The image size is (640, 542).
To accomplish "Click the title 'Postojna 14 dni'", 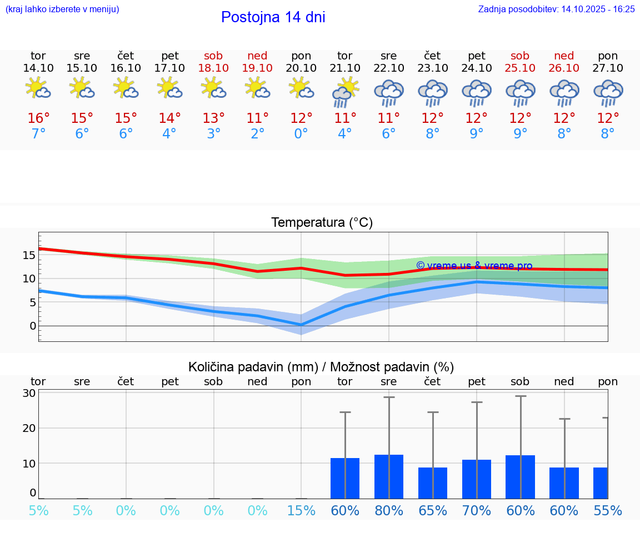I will pos(273,17).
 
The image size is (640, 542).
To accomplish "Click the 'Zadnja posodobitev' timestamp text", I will pos(556,9).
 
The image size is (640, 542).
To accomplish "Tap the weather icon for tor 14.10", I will pos(38,88).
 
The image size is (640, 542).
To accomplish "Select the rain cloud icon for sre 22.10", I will pos(389,92).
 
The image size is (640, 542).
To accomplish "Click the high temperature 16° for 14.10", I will pos(38,118).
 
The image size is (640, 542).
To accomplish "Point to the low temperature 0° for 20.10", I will pos(301,134).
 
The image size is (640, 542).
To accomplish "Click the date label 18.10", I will pos(213,68).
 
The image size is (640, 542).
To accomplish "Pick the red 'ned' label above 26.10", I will pos(564,56).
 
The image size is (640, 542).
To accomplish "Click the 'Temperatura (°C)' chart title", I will pos(322,223).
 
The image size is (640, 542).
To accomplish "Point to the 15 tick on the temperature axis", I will pos(29,255).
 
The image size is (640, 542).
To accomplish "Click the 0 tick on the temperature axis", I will pos(32,326).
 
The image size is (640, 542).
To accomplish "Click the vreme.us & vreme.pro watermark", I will pos(474,266).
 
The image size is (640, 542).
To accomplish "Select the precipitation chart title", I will pos(321,367).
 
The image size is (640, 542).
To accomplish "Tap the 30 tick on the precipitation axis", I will pos(29,393).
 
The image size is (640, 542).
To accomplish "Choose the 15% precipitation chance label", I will pos(301,510).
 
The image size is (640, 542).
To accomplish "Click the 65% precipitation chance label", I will pos(432,510).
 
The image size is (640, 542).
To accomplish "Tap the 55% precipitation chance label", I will pos(608,510).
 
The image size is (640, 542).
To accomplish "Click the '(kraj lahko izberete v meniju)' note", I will pos(62,9).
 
